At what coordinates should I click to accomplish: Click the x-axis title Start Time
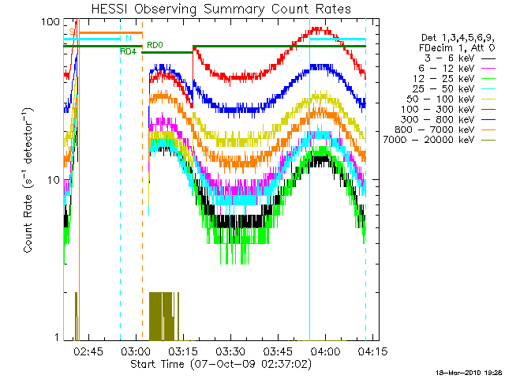(215, 364)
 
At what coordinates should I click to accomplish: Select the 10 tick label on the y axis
(52, 180)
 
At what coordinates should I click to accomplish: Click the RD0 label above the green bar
(155, 46)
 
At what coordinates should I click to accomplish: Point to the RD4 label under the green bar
(128, 52)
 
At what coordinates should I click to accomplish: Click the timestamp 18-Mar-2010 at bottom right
(468, 371)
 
